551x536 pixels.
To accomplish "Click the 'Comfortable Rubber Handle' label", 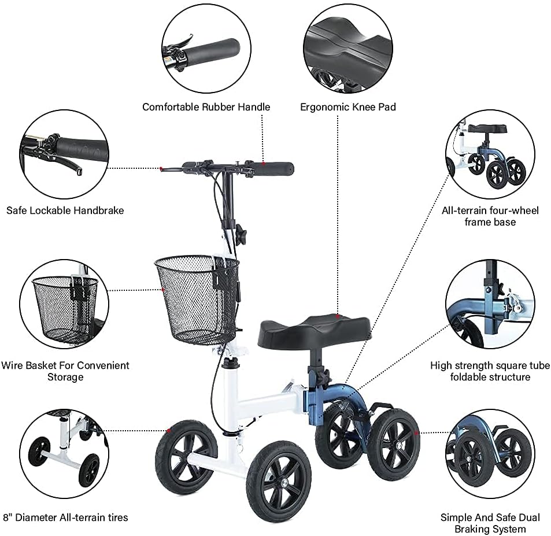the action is [x=206, y=107].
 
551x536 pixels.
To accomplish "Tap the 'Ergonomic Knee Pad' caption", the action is [x=348, y=107].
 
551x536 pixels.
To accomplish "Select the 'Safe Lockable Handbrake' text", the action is [x=65, y=210].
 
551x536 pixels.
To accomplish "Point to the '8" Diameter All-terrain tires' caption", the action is [x=65, y=517].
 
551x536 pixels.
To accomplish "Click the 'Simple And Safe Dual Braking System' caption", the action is [x=490, y=523].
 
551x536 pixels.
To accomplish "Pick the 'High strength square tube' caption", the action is [x=490, y=365].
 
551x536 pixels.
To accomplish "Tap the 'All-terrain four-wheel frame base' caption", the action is [x=490, y=216].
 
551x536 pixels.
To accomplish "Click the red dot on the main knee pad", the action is [x=337, y=316].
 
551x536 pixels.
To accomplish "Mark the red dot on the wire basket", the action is [x=162, y=290].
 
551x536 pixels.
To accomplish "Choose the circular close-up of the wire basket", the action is [x=64, y=304].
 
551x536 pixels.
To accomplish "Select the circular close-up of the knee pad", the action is [x=348, y=49].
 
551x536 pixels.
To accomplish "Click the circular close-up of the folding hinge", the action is [x=490, y=304].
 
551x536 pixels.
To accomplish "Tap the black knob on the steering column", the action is [x=241, y=232].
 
